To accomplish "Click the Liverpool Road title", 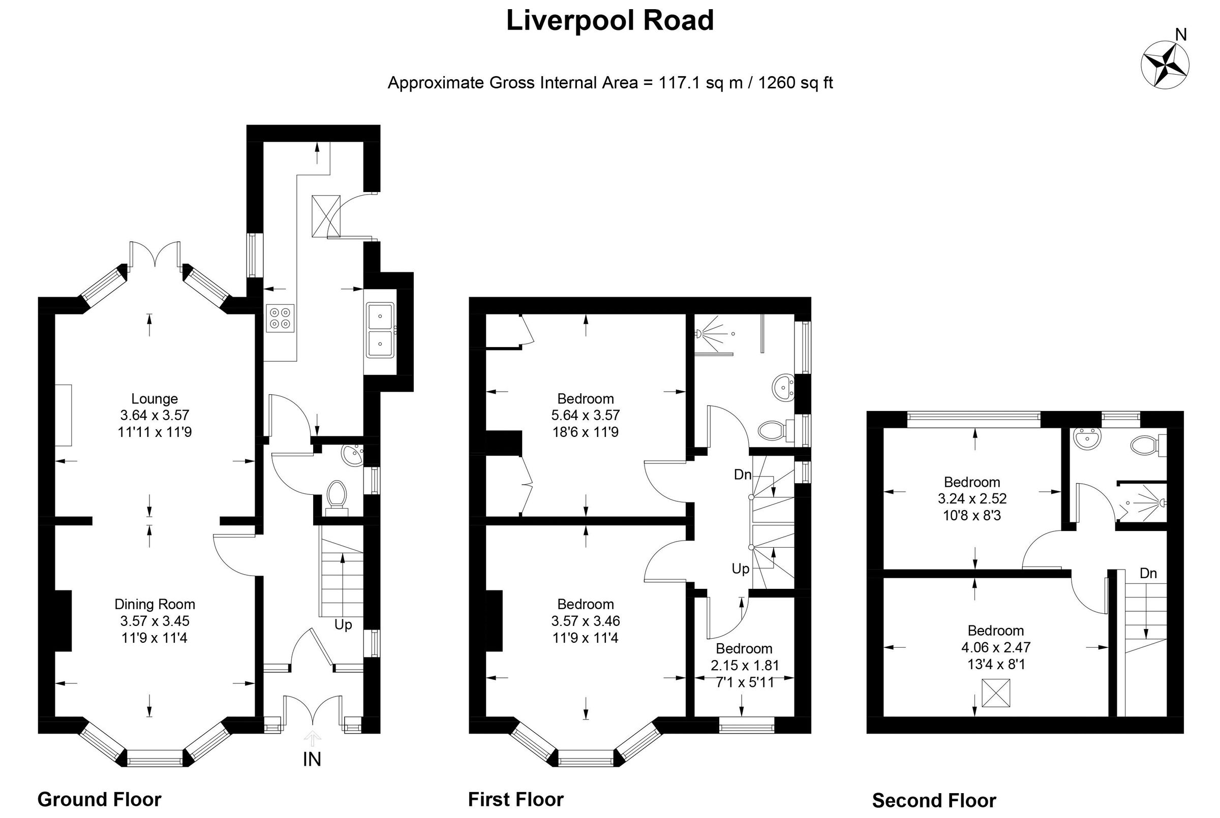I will [609, 21].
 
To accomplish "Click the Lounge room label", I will [155, 398].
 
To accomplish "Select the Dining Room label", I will [155, 604].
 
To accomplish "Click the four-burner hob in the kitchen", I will [280, 318].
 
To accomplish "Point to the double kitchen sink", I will [380, 330].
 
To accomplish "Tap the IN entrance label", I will [312, 759].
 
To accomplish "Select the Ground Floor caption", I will [99, 799].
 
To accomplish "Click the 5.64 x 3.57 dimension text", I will [585, 415].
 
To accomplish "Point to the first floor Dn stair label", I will [743, 474].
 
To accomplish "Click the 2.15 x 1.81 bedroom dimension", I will [744, 665].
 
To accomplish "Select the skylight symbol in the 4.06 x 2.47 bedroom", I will [996, 693].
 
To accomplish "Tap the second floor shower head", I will [1162, 503].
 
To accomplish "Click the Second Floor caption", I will [934, 800].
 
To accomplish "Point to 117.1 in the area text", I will [680, 82].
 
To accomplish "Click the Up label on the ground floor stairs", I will [343, 624].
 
